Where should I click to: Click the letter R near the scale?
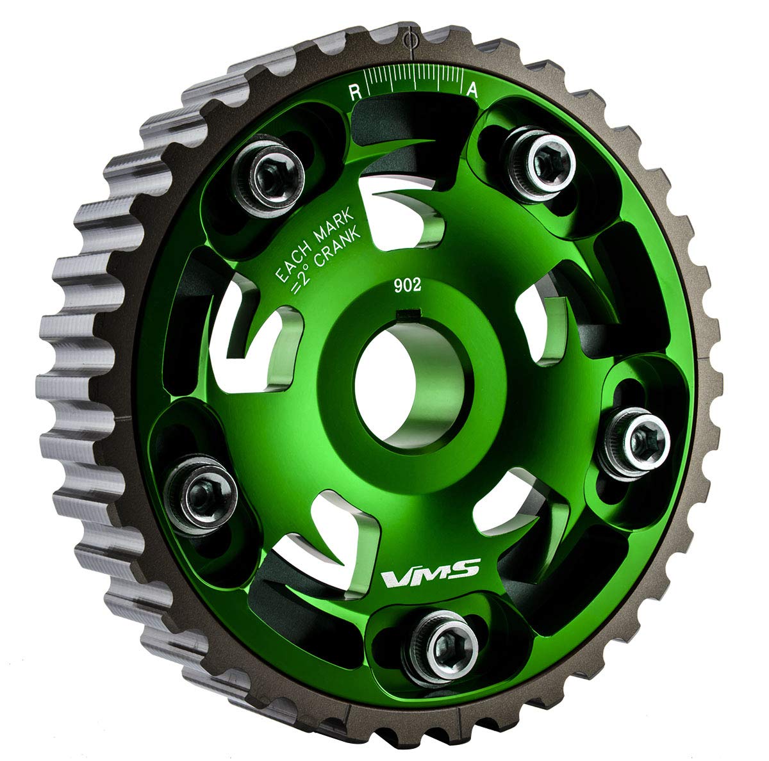pos(353,91)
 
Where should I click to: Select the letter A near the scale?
pos(473,91)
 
